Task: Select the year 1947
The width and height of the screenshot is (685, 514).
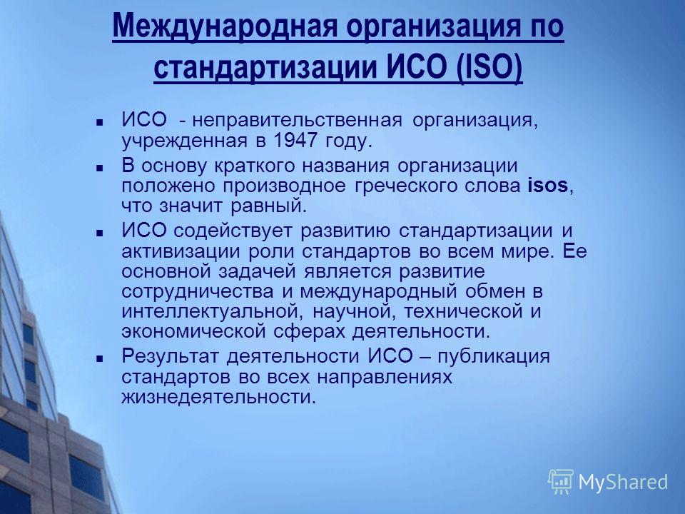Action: point(295,141)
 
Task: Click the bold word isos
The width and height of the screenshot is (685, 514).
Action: point(548,186)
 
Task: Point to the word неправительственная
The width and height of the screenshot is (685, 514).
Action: point(297,120)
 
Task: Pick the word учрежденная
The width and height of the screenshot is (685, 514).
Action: point(184,141)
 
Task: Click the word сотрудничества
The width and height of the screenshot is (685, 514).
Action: point(198,291)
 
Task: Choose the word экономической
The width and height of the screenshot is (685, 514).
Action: point(193,332)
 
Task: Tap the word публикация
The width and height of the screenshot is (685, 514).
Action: point(494,357)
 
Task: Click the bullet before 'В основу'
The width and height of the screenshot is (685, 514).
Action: point(100,167)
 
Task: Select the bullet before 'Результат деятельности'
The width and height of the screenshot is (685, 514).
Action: point(100,358)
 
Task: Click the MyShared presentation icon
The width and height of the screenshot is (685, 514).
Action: point(561,482)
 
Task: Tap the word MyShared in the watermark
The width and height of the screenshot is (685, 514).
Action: point(623,483)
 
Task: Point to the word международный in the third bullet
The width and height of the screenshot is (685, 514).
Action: point(378,291)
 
